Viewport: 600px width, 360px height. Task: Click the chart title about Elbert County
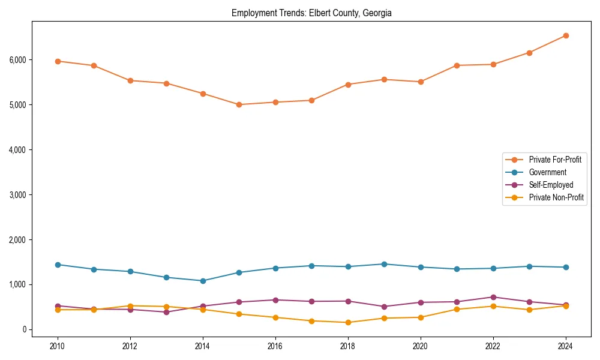(311, 13)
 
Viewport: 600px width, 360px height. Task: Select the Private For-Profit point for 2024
(566, 35)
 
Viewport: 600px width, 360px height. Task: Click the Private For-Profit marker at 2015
(239, 104)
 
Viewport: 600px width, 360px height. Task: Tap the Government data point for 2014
(203, 281)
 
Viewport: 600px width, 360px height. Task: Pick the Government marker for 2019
(384, 264)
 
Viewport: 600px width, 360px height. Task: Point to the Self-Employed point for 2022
(493, 297)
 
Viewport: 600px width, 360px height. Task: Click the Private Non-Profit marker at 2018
(348, 322)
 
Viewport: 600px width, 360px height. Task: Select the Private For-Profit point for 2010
(58, 61)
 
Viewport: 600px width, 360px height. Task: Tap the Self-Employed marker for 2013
(166, 312)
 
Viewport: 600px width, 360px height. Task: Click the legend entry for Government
(547, 172)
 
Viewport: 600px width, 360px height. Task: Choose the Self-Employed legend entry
(551, 185)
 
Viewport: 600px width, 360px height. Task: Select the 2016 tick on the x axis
(275, 346)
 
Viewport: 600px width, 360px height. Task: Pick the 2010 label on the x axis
(58, 346)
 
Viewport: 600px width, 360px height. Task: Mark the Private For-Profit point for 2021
(457, 65)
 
